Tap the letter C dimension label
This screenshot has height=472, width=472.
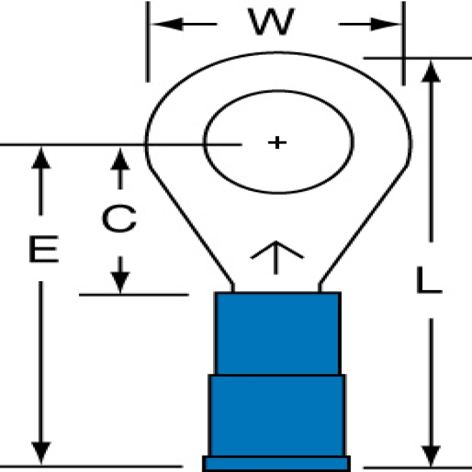[x=119, y=219]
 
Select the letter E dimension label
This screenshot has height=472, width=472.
[x=43, y=249]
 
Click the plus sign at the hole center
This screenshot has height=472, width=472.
[x=276, y=142]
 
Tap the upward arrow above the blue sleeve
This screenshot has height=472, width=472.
[x=276, y=256]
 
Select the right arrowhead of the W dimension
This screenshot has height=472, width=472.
[x=388, y=24]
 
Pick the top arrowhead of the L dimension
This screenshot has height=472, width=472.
[x=431, y=71]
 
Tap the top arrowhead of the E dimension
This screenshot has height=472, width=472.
[x=42, y=159]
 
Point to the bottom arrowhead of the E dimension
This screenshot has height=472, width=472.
[x=42, y=452]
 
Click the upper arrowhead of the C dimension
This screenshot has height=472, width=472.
[x=120, y=159]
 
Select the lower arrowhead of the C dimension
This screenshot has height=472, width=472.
[x=120, y=281]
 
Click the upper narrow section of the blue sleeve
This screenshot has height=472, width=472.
[x=277, y=333]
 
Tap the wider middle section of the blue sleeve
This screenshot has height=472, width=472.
[x=277, y=415]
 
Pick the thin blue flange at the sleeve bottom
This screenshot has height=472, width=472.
[x=276, y=464]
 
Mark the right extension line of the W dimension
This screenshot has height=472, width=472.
[x=403, y=40]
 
